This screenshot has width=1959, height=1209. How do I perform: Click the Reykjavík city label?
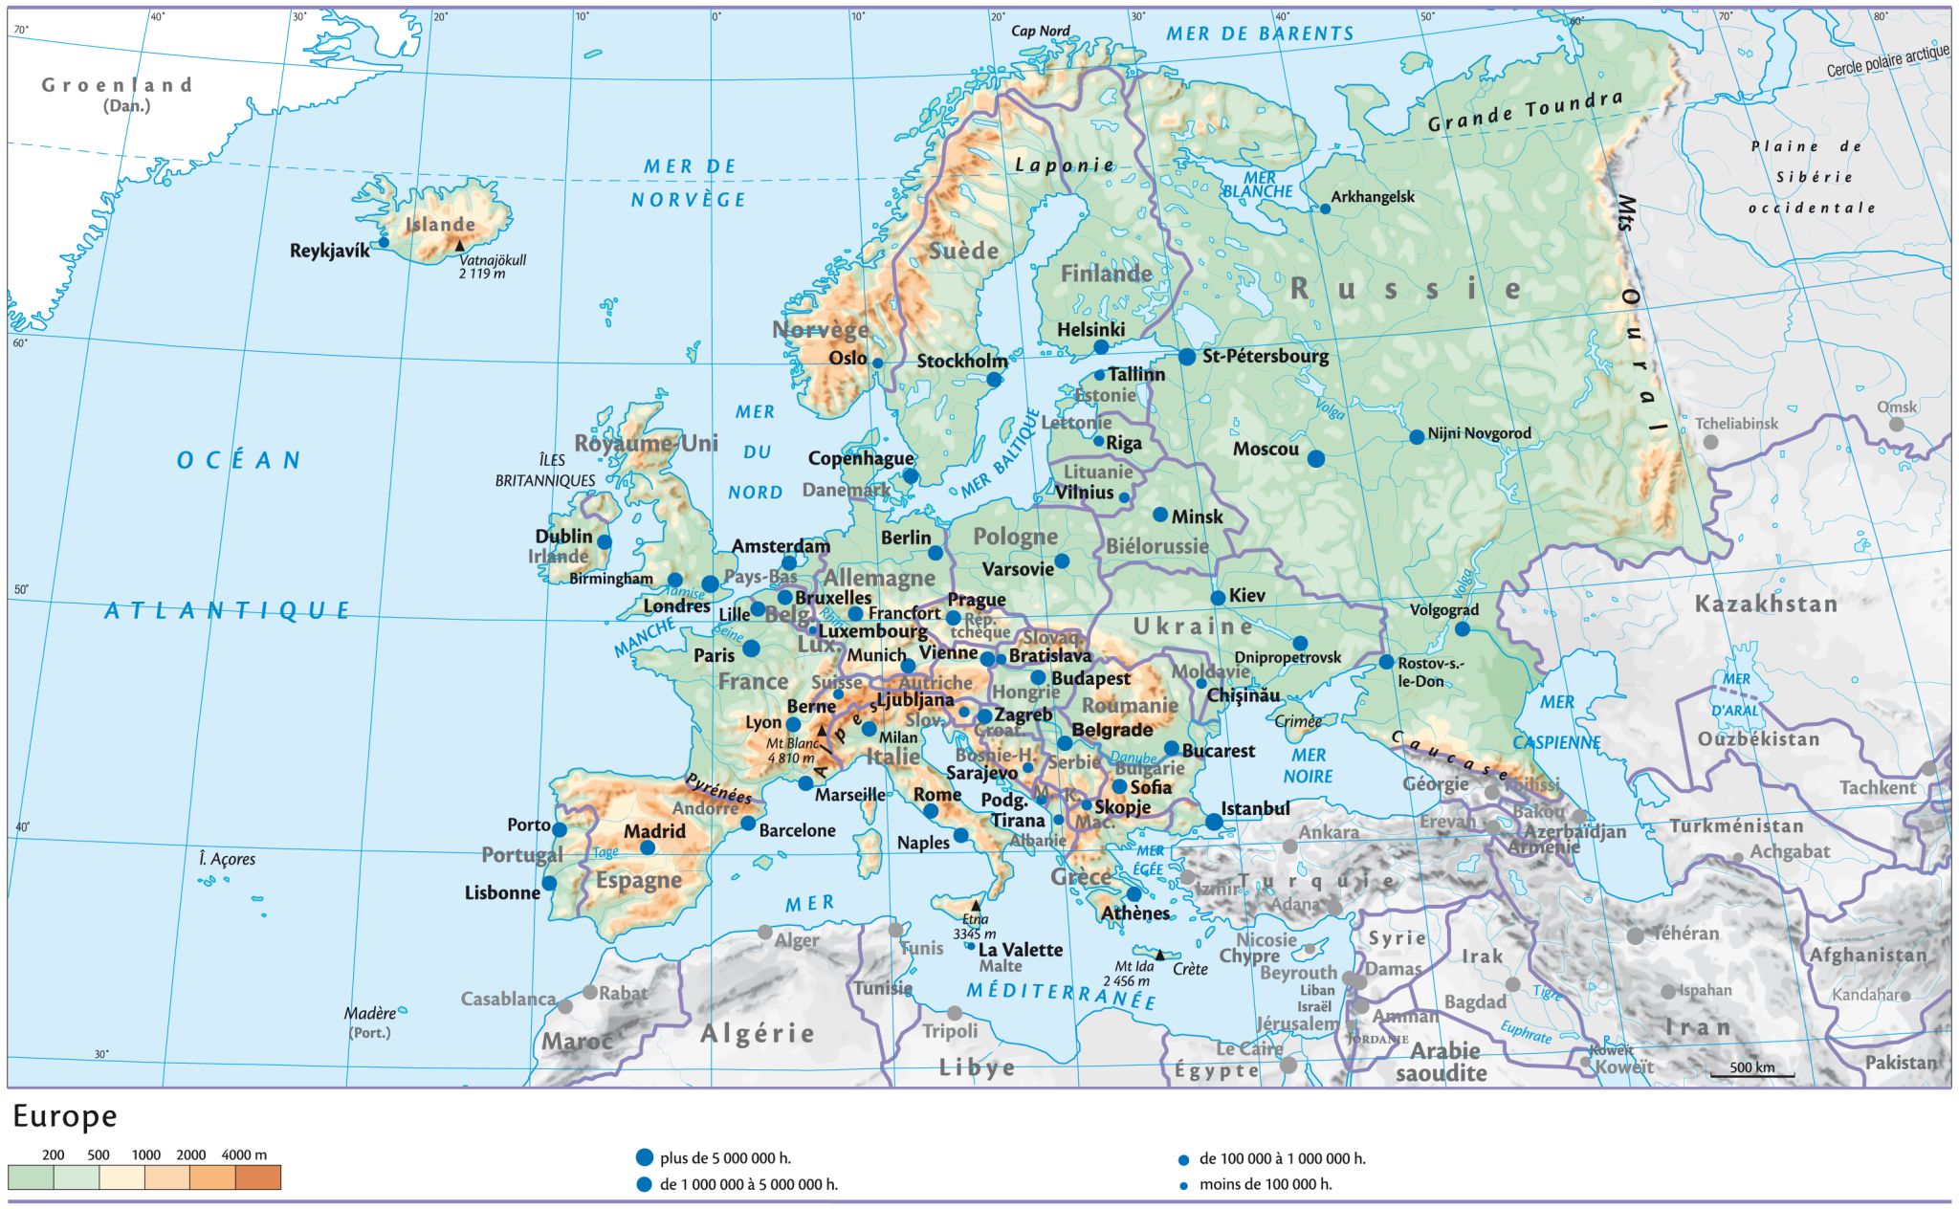(x=329, y=252)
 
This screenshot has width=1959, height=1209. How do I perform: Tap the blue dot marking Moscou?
(x=1316, y=459)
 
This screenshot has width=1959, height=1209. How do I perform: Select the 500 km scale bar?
(x=1751, y=1075)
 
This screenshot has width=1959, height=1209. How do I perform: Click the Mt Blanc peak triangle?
(x=821, y=731)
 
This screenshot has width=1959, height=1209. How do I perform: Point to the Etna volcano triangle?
(x=976, y=905)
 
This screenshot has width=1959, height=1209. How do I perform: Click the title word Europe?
(x=65, y=1116)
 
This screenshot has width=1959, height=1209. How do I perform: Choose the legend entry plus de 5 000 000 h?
(x=724, y=1158)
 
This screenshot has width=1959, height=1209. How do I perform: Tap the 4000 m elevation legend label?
(x=244, y=1154)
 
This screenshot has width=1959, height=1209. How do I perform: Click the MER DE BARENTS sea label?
(x=1260, y=34)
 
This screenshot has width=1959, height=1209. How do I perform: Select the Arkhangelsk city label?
(x=1373, y=197)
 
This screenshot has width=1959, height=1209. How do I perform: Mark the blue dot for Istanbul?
(x=1214, y=822)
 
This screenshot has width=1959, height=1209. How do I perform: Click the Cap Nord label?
(x=1041, y=32)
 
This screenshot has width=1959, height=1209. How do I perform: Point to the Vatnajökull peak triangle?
(x=459, y=246)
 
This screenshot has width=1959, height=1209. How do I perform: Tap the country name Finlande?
(x=1106, y=275)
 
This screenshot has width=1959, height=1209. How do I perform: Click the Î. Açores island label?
(x=227, y=859)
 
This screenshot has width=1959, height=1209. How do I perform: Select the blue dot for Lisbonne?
(x=549, y=883)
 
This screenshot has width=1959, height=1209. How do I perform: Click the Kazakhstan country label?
(x=1766, y=604)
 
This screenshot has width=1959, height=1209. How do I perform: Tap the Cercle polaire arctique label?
(x=1886, y=61)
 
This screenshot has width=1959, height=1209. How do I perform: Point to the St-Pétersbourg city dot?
(x=1187, y=357)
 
